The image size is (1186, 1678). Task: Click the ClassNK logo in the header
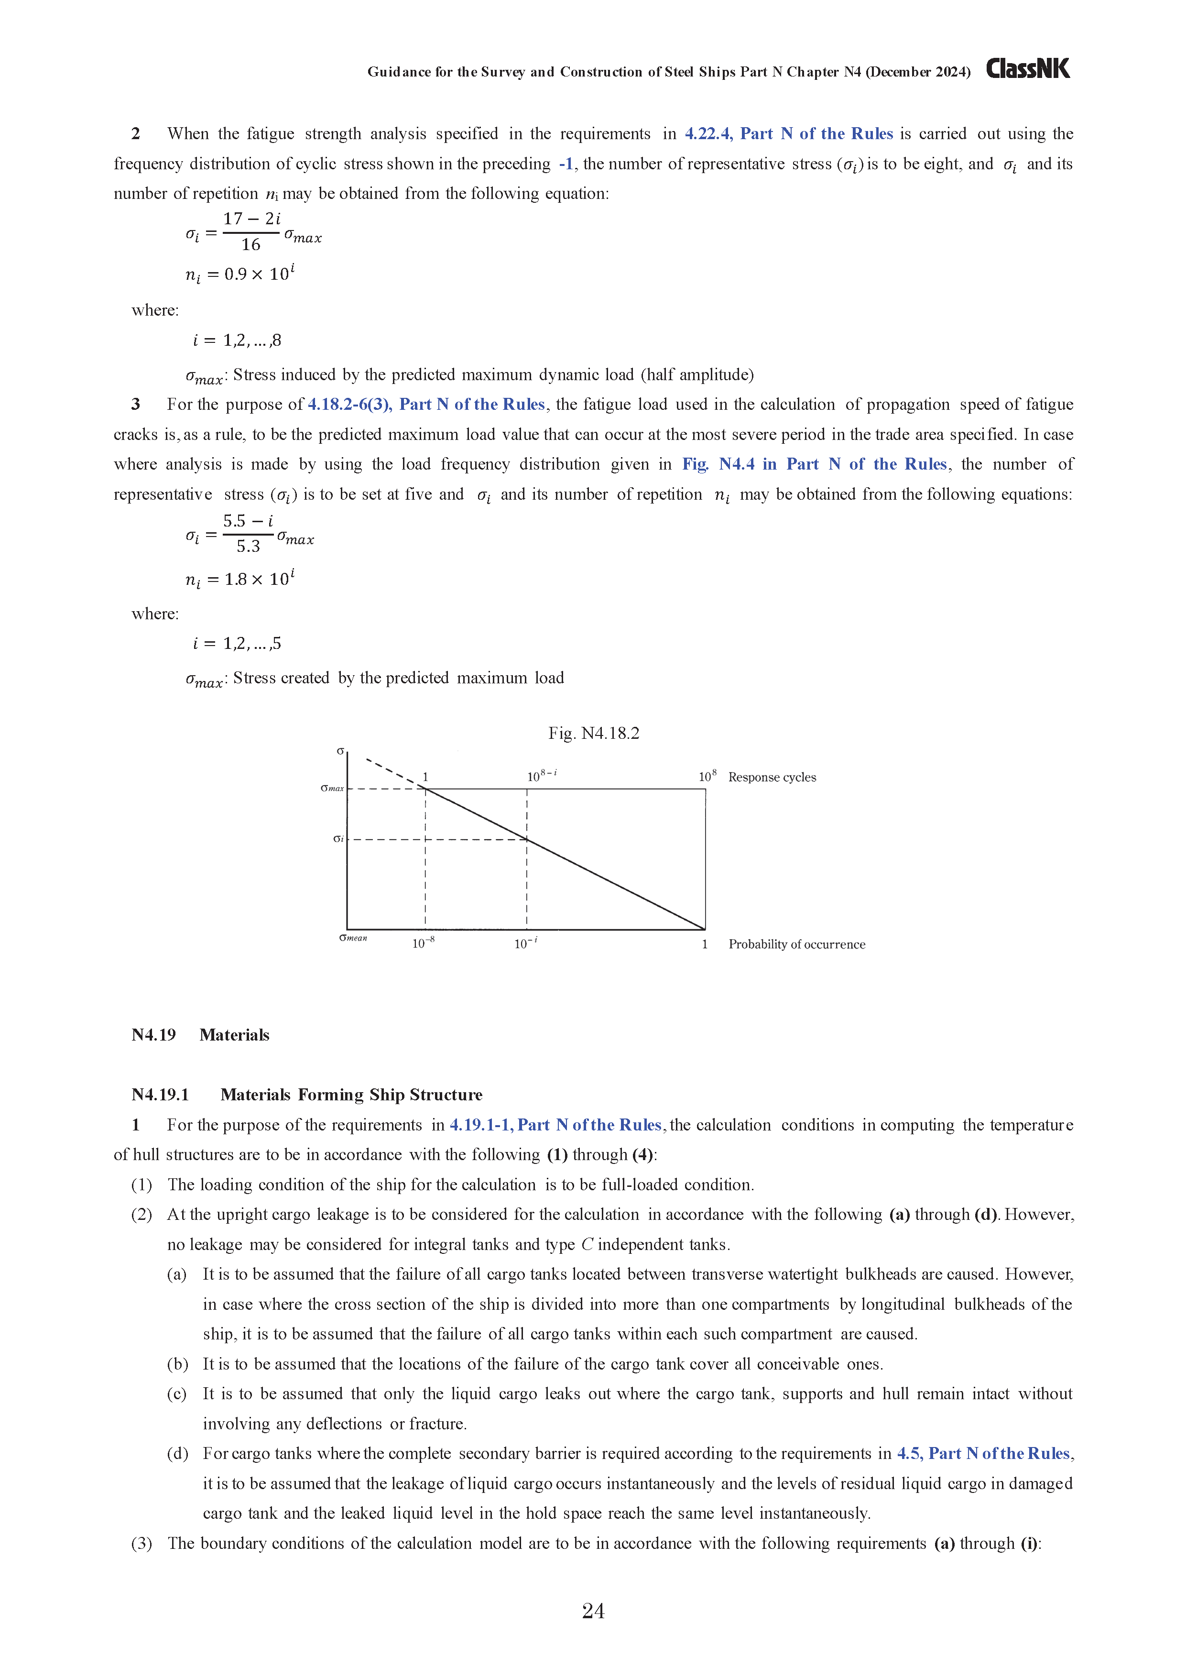click(1027, 69)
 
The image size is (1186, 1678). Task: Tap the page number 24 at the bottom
click(593, 1610)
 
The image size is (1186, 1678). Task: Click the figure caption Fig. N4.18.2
click(593, 733)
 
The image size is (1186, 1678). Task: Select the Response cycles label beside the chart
click(772, 777)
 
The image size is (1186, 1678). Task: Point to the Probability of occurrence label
click(796, 944)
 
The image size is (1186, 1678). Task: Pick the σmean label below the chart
click(353, 938)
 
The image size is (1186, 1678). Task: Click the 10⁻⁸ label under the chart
click(423, 943)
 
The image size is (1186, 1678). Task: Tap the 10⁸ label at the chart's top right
click(707, 776)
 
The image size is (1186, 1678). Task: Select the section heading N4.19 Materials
click(200, 1035)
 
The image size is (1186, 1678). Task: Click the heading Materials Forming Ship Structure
click(351, 1094)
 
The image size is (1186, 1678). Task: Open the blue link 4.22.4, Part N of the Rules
click(788, 134)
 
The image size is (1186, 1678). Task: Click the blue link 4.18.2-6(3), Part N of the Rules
click(426, 404)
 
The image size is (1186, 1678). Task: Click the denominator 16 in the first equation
click(250, 245)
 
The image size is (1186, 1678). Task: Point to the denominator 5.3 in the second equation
click(248, 546)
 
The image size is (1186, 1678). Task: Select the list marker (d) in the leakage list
click(177, 1453)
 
